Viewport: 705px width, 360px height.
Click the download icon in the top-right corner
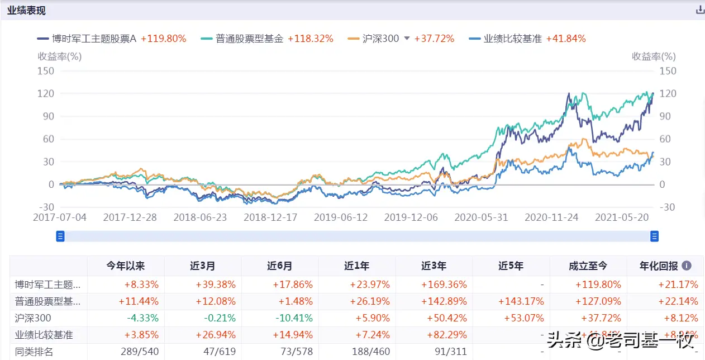click(699, 10)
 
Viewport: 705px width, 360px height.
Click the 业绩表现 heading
click(26, 11)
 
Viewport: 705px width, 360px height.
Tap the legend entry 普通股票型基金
click(249, 39)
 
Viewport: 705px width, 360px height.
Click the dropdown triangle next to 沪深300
click(407, 39)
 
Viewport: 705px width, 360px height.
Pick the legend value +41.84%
click(565, 39)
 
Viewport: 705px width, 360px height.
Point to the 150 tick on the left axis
click(46, 71)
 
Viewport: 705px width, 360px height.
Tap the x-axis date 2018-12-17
click(270, 217)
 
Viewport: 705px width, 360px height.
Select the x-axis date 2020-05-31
click(481, 217)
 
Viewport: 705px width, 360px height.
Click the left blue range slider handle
click(60, 236)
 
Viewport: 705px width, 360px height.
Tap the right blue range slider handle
click(654, 236)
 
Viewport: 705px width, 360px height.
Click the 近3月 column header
click(202, 266)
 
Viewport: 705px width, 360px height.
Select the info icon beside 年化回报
click(687, 266)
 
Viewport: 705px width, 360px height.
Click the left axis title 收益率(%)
click(59, 56)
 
